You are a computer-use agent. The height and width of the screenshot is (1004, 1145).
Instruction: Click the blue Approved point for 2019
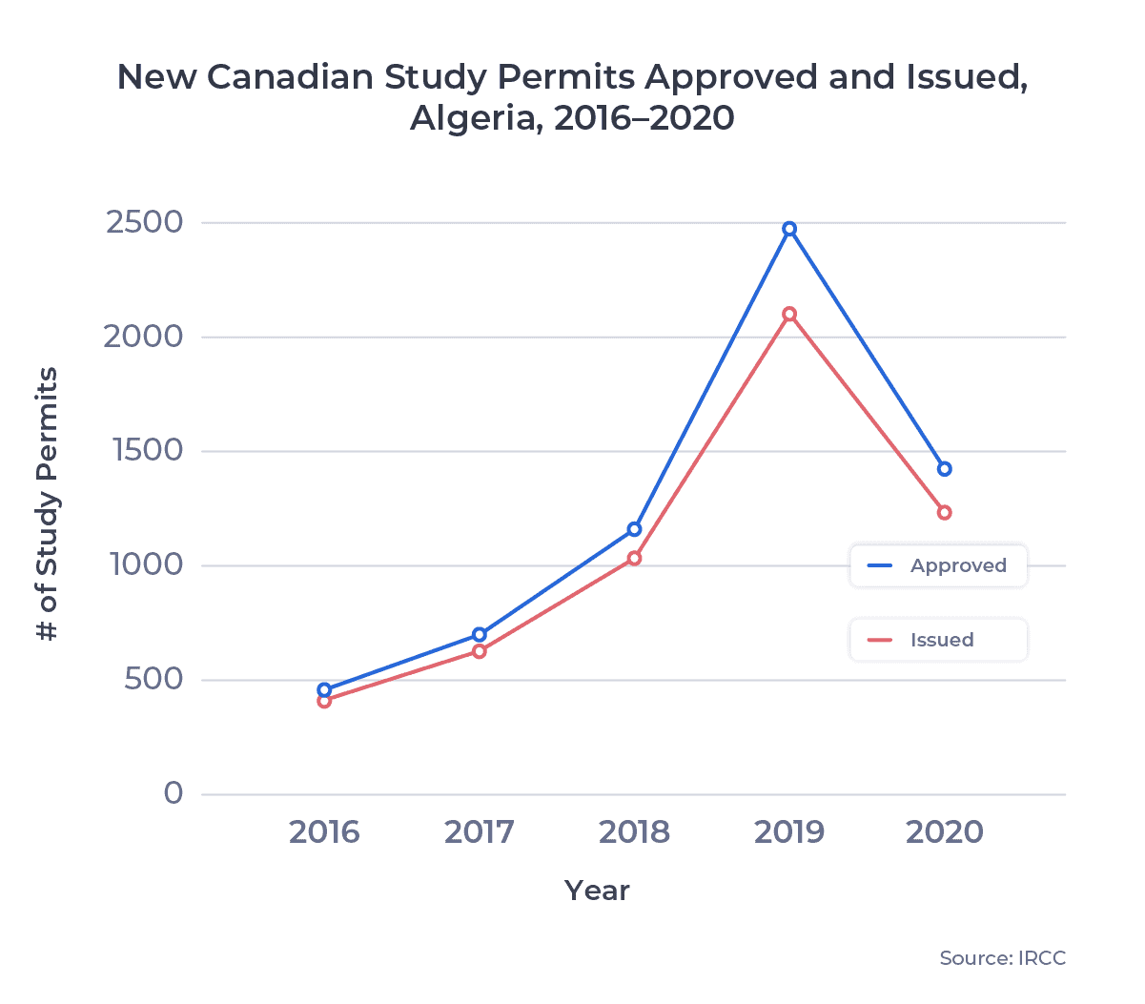pos(789,229)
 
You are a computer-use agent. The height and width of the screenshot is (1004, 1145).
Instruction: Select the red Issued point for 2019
pos(789,314)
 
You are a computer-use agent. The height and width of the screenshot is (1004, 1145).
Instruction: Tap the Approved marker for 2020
pos(944,469)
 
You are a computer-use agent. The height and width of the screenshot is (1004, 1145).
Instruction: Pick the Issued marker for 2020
pos(944,513)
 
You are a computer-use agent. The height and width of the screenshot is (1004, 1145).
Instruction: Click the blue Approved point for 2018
pos(634,529)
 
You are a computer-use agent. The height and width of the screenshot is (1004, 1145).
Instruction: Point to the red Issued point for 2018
pos(634,559)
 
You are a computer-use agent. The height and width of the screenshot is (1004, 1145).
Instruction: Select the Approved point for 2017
pos(480,635)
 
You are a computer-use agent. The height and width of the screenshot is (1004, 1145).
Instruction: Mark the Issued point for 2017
pos(480,651)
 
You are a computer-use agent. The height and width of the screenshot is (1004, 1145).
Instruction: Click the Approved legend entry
pos(938,565)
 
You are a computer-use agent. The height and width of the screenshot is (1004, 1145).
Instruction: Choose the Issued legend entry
pos(938,640)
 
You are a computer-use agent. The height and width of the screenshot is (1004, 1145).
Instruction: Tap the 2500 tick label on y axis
pos(144,222)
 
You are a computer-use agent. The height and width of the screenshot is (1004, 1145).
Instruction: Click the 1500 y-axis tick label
pos(148,451)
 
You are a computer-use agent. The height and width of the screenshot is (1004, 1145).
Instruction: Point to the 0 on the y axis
pos(173,793)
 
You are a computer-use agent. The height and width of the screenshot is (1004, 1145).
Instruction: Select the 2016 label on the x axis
pos(324,832)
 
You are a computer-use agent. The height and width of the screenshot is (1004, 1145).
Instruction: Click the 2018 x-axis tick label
pos(634,832)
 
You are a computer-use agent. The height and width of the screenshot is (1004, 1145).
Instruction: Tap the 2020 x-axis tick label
pos(944,832)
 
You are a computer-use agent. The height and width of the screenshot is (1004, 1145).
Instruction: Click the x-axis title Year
pos(597,891)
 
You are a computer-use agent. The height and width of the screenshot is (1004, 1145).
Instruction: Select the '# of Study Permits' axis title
pos(47,503)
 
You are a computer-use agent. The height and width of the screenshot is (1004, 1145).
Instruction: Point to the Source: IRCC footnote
pos(1002,958)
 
